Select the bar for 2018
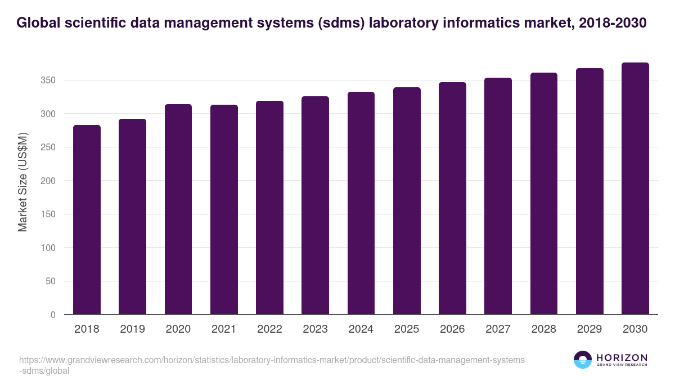coord(87,220)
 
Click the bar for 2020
coord(178,209)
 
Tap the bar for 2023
coord(315,205)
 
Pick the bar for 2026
coord(452,198)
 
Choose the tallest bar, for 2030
coord(635,189)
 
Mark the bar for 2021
coord(224,209)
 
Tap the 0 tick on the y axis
coord(53,315)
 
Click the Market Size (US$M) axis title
coord(23,181)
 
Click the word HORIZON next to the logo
coord(622,357)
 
